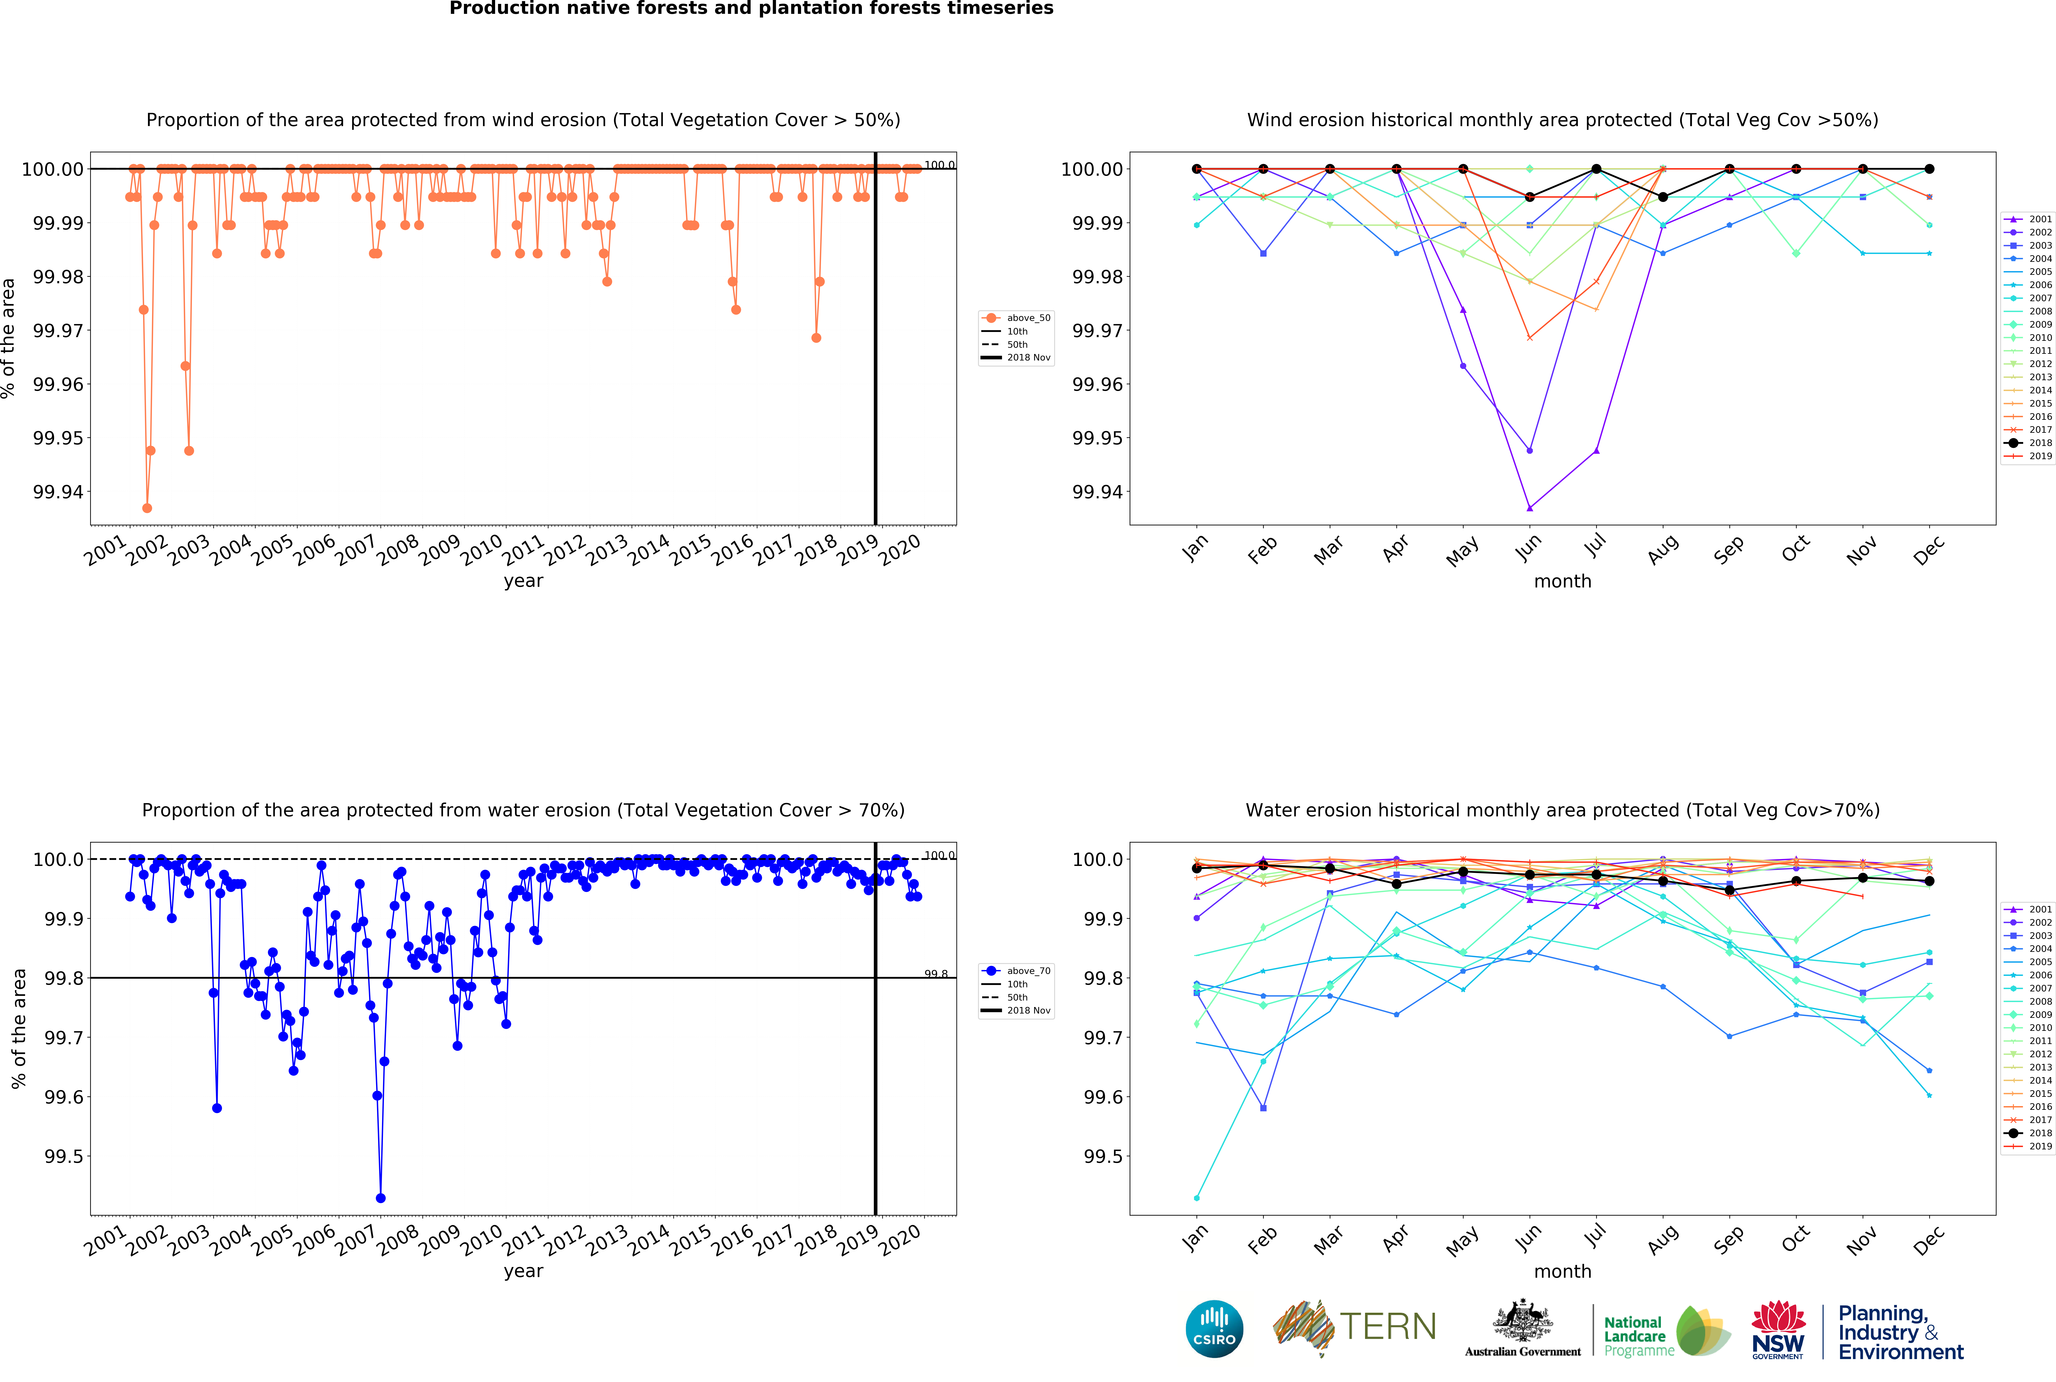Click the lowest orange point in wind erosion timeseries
147,508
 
